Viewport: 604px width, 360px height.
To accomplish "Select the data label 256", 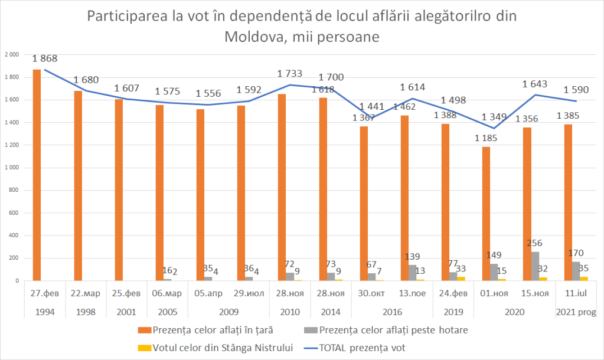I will (x=534, y=243).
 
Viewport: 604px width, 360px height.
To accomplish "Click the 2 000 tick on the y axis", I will (x=12, y=54).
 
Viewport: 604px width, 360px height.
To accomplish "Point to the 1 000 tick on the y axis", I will (x=12, y=168).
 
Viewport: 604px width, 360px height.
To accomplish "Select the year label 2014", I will (x=331, y=311).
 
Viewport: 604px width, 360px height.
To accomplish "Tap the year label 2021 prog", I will (x=575, y=311).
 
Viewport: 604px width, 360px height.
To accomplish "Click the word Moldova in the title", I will (x=258, y=37).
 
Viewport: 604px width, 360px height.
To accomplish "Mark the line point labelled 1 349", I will (x=494, y=128).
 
